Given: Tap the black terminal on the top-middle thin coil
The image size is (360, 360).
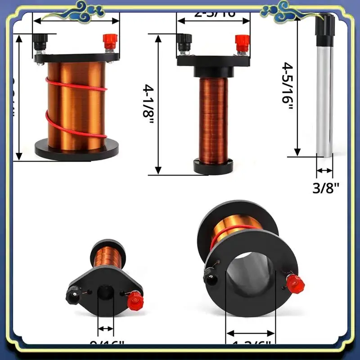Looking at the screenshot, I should [184, 43].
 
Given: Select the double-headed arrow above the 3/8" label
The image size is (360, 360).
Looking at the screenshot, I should [324, 171].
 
